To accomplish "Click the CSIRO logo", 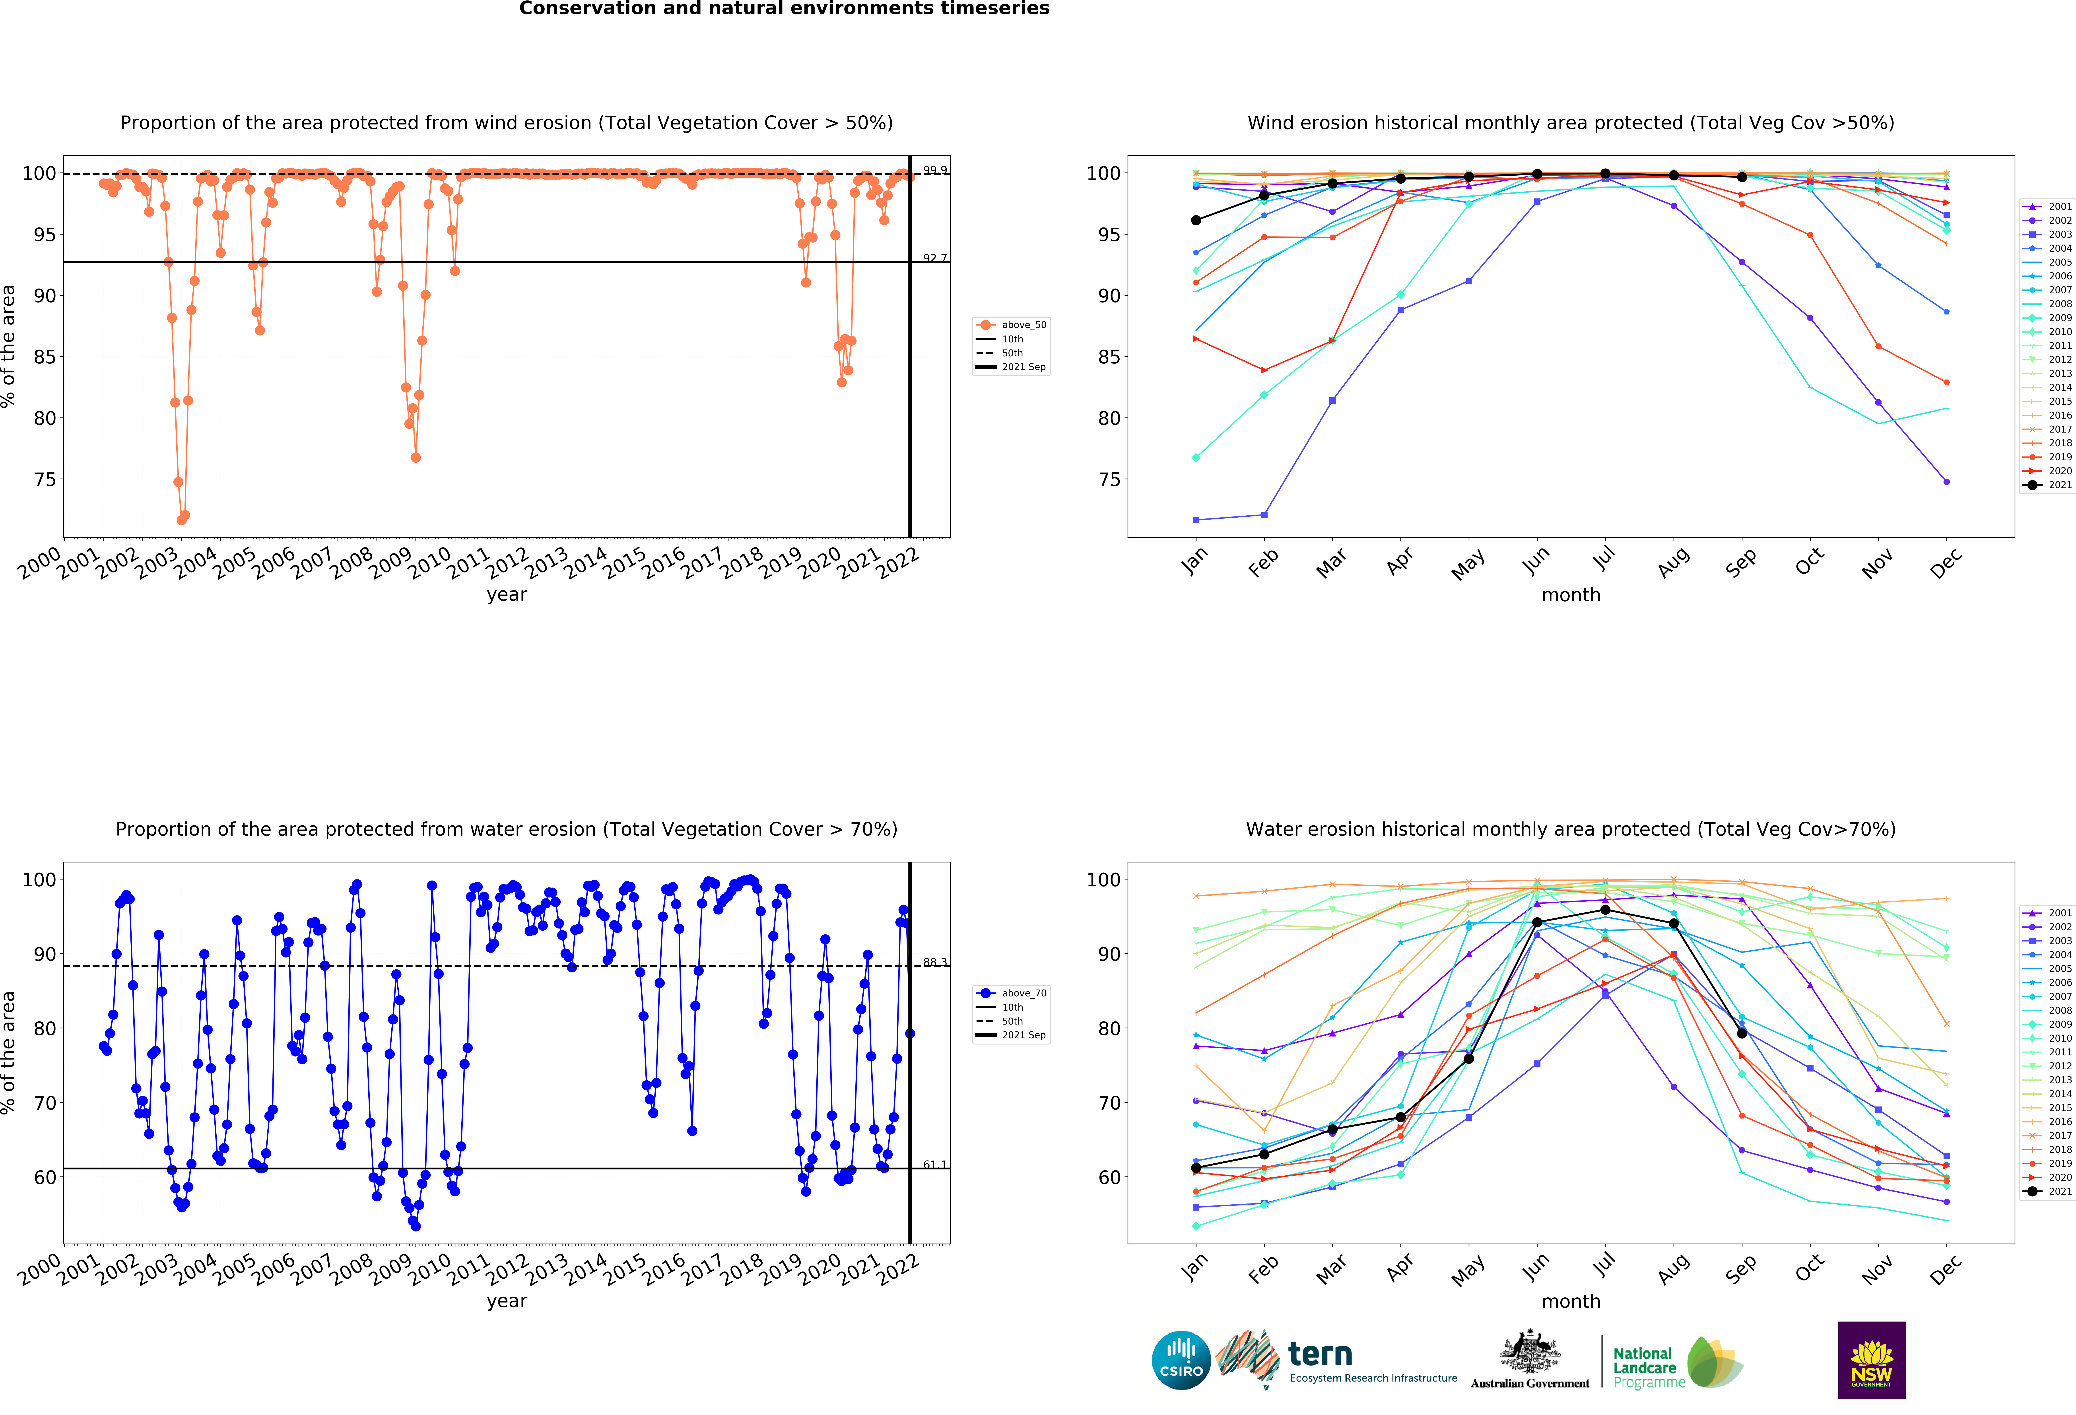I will coord(1181,1361).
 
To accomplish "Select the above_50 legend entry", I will coord(1023,325).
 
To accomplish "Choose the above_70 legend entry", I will coord(1023,993).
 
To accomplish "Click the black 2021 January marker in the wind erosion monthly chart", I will coord(1196,220).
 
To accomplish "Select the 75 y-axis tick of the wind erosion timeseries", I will coord(45,480).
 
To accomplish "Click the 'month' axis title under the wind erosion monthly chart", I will coord(1570,595).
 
